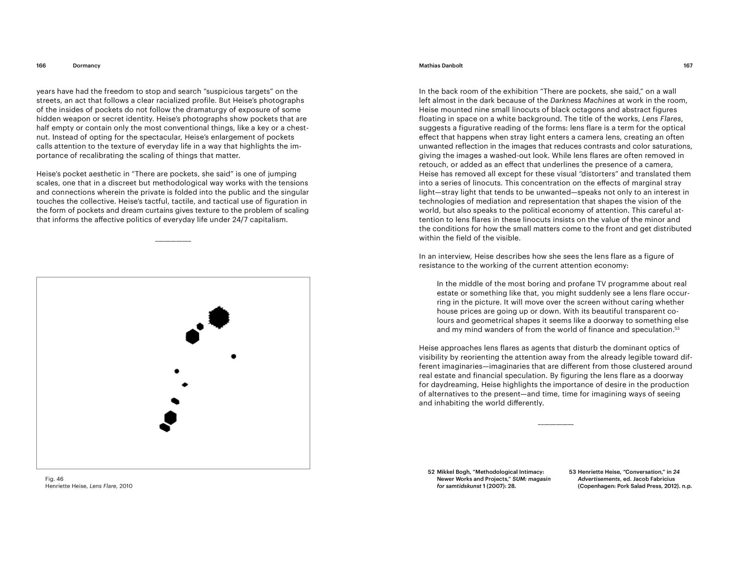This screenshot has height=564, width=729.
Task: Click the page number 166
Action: pyautogui.click(x=41, y=66)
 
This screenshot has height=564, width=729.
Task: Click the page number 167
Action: pyautogui.click(x=688, y=66)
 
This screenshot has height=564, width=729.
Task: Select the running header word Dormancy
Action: pyautogui.click(x=86, y=66)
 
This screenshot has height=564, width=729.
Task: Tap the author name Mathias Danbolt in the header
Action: pyautogui.click(x=441, y=66)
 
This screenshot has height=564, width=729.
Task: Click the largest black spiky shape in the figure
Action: pyautogui.click(x=219, y=318)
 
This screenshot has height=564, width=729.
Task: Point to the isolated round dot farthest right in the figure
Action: pyautogui.click(x=234, y=356)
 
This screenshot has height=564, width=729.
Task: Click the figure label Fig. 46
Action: pyautogui.click(x=54, y=479)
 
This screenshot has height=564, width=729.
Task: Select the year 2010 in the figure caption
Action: pyautogui.click(x=126, y=486)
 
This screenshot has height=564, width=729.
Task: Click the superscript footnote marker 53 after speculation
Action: pyautogui.click(x=677, y=328)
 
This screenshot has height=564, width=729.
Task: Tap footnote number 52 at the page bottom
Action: pyautogui.click(x=431, y=472)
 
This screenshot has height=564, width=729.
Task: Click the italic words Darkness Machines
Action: pyautogui.click(x=583, y=100)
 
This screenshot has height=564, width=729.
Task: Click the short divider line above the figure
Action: pyautogui.click(x=173, y=241)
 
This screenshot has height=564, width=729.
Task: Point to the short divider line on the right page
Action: pyautogui.click(x=555, y=425)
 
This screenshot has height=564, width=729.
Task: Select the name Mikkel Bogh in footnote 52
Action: pyautogui.click(x=453, y=472)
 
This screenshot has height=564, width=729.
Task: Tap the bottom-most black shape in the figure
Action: pyautogui.click(x=165, y=428)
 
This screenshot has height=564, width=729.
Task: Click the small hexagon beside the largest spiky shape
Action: pyautogui.click(x=200, y=326)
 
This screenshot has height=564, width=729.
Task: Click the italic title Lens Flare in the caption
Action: pyautogui.click(x=103, y=486)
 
